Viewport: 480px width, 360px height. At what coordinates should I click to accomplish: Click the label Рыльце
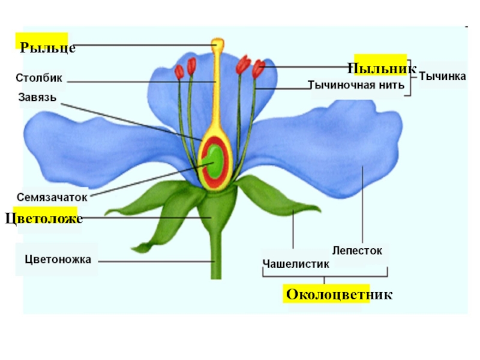click(x=48, y=47)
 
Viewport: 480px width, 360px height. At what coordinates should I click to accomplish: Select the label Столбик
click(x=39, y=78)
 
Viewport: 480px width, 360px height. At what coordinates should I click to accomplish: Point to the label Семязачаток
click(x=52, y=197)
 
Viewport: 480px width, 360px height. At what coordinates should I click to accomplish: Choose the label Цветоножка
click(x=58, y=260)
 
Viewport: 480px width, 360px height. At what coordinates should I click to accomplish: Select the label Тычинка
click(x=442, y=76)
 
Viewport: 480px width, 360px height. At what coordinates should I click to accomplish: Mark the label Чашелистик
click(x=296, y=263)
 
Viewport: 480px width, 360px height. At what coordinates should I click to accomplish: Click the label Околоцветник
click(x=339, y=295)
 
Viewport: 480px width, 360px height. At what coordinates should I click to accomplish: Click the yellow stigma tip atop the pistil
click(x=217, y=44)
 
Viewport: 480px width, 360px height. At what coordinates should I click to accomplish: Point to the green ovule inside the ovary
click(x=212, y=163)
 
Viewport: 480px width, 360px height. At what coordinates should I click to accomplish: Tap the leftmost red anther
click(x=179, y=71)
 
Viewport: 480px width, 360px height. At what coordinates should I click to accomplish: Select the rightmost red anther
click(x=259, y=68)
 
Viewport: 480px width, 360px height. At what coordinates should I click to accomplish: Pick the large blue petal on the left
click(x=90, y=144)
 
